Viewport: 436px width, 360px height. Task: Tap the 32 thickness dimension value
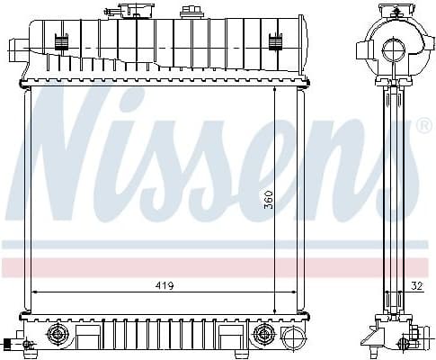click(x=415, y=285)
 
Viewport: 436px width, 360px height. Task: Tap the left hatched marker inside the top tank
click(x=61, y=40)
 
